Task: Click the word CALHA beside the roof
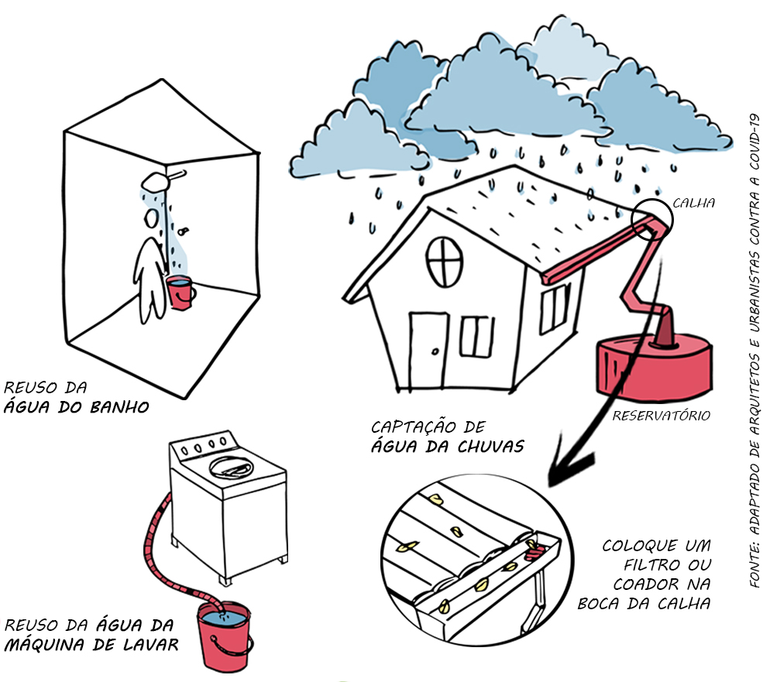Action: tap(693, 203)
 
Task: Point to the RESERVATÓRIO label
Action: tap(661, 416)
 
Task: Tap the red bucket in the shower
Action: tap(181, 292)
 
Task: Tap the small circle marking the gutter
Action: tap(652, 219)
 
